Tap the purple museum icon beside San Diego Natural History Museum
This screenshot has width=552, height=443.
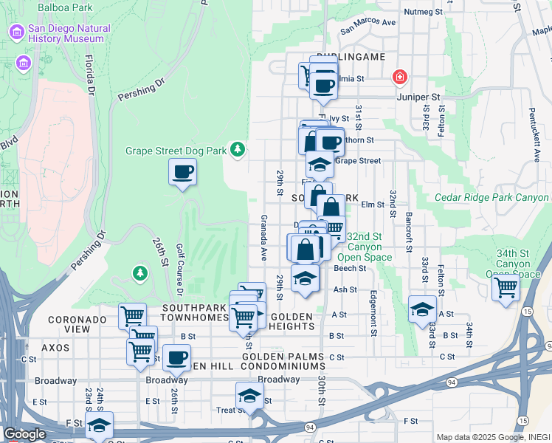15,33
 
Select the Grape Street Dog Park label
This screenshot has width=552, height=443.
176,151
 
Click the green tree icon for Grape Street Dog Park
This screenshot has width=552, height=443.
237,150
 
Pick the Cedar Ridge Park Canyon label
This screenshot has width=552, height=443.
491,198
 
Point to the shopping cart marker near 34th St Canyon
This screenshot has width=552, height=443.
506,287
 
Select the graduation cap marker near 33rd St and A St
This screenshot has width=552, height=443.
422,309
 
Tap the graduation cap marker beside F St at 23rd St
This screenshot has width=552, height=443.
100,425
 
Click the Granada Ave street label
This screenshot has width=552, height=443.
263,238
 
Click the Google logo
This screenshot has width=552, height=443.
25,434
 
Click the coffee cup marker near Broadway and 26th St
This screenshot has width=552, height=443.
176,358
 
